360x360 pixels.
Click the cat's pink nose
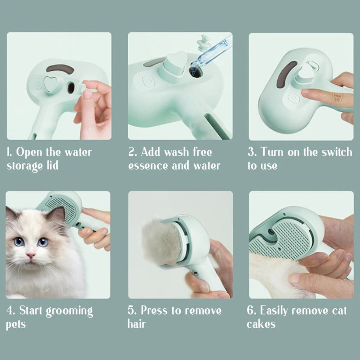pos(31,256)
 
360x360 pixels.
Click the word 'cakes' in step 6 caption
pos(261,324)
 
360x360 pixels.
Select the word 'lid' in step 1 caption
pos(51,166)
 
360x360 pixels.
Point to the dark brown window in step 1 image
pos(60,68)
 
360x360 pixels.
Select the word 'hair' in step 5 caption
pos(136,324)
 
